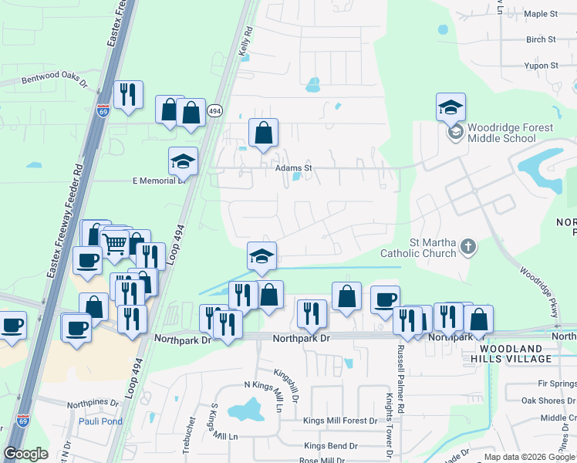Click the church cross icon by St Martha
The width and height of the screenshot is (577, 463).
(x=467, y=247)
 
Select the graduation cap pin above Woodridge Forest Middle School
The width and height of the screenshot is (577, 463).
(x=450, y=107)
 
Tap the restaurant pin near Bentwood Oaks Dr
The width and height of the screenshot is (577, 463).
(x=128, y=95)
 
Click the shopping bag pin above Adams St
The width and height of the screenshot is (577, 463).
(x=263, y=132)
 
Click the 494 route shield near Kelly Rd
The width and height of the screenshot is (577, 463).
(x=215, y=111)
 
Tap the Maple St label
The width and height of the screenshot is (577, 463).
(x=540, y=14)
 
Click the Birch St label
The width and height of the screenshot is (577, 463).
(x=540, y=39)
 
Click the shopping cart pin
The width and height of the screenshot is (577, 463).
(x=114, y=244)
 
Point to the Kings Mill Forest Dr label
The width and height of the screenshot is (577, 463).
(x=339, y=421)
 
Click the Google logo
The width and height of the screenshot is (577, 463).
(x=25, y=454)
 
